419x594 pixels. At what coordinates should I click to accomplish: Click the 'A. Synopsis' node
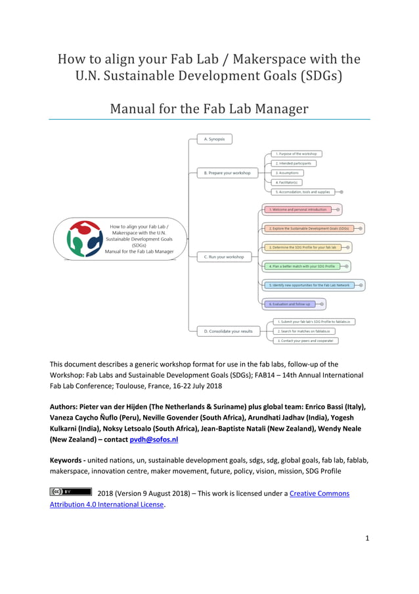pyautogui.click(x=214, y=139)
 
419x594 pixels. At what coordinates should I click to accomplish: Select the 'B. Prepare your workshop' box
pyautogui.click(x=226, y=173)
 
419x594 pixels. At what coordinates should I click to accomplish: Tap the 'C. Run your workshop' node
pyautogui.click(x=223, y=257)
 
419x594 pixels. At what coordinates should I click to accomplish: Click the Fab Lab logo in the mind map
pyautogui.click(x=85, y=238)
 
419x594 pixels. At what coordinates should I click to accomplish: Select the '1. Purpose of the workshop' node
pyautogui.click(x=296, y=154)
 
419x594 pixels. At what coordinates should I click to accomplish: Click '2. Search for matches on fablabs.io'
pyautogui.click(x=303, y=332)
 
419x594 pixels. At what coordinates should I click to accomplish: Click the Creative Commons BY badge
pyautogui.click(x=70, y=491)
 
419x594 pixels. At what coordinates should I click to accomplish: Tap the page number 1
pyautogui.click(x=368, y=538)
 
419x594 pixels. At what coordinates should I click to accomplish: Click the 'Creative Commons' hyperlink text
pyautogui.click(x=319, y=493)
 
